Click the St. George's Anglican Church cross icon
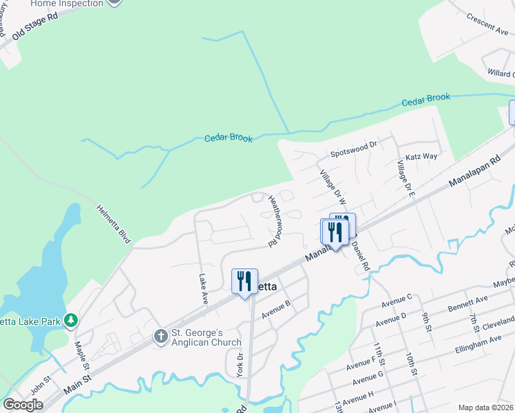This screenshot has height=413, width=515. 160,337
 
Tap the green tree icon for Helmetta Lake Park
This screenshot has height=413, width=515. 70,320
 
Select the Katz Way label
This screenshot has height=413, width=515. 421,156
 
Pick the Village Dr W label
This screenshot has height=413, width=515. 332,187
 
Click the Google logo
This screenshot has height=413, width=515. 23,405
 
